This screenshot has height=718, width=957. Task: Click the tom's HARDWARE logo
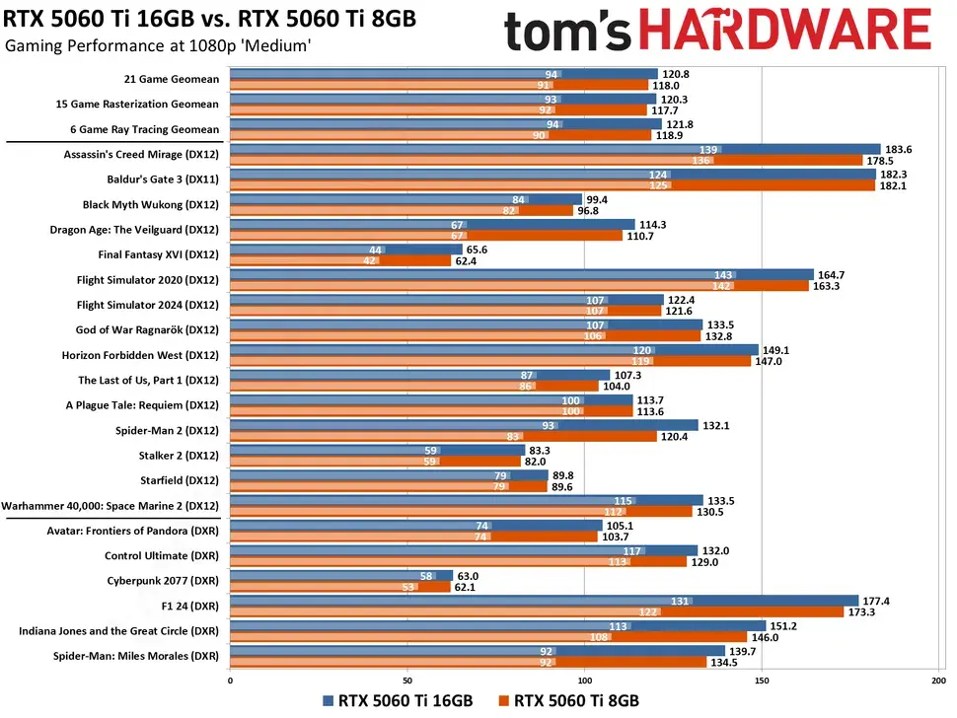(717, 31)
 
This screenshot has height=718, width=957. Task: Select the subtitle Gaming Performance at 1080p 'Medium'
(158, 46)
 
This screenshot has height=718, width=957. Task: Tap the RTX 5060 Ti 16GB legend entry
(400, 700)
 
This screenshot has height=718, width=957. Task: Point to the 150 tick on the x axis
(762, 680)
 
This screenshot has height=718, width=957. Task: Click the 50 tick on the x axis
(406, 680)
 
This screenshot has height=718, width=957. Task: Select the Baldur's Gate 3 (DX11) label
(162, 179)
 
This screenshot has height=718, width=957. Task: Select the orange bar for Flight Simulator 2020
(519, 286)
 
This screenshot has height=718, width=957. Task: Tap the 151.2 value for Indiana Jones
(785, 624)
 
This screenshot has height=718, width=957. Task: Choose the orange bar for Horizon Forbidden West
(490, 361)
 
